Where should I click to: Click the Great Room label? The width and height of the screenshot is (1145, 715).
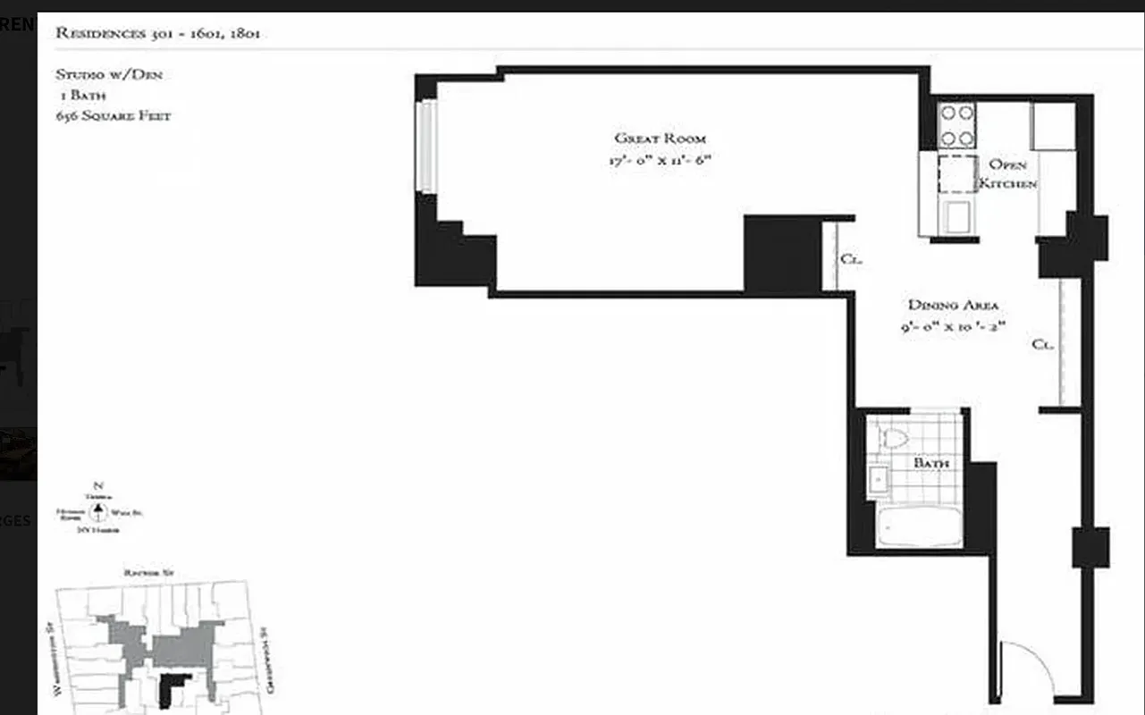pos(660,139)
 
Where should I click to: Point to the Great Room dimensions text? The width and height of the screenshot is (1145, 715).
pos(662,162)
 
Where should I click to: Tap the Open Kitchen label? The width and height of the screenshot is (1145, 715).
pos(1007,174)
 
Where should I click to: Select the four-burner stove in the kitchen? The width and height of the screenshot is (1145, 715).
pos(956,125)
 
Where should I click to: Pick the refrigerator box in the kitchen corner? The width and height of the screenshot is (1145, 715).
pos(1053,126)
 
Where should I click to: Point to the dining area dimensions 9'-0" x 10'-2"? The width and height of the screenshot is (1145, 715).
pos(954,327)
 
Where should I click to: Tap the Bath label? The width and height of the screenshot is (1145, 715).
pos(930,464)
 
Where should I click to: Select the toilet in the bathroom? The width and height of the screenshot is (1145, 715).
pos(894,438)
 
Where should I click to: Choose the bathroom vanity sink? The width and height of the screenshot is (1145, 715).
pos(879,481)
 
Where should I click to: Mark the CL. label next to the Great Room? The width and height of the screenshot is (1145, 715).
pos(849,260)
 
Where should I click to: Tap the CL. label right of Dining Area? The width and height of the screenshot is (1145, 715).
pos(1042,344)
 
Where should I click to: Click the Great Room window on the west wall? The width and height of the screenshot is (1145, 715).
pos(428,146)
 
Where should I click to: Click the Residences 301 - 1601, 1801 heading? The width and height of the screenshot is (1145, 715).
pos(157,34)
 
